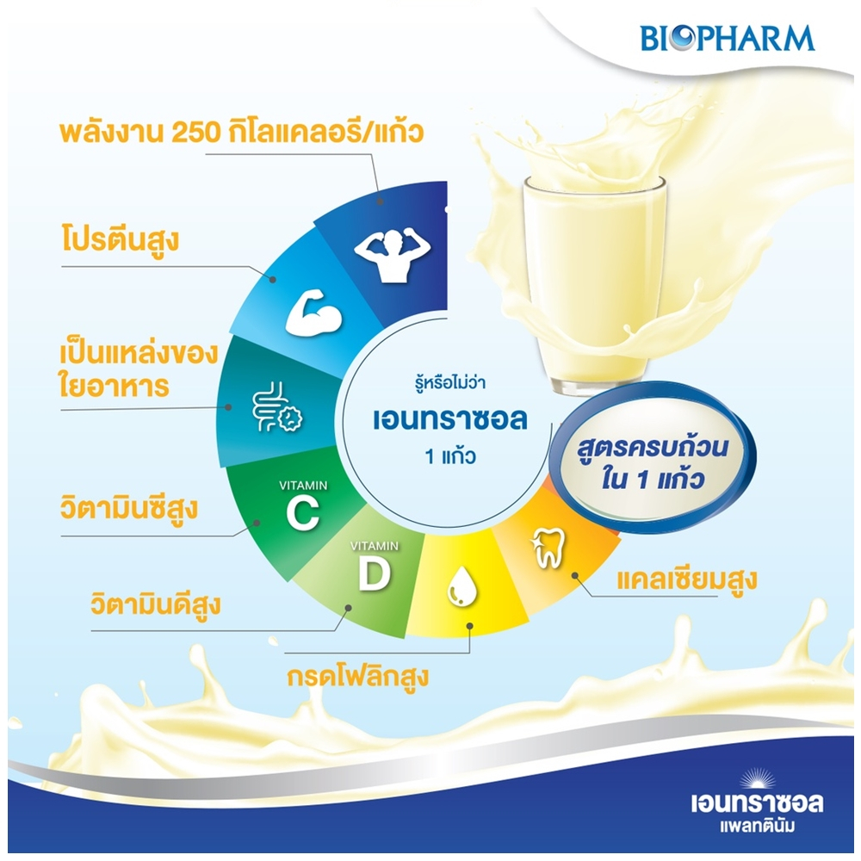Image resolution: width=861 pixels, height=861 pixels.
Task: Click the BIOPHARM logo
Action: point(728,38)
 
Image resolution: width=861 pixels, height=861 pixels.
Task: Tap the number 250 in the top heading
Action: point(195,133)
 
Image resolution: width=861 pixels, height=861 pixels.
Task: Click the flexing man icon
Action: point(393,256)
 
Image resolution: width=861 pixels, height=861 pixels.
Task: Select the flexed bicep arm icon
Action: point(313,314)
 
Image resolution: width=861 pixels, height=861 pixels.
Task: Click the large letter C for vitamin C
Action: point(302,514)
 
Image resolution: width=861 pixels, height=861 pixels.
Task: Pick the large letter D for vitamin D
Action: point(375,573)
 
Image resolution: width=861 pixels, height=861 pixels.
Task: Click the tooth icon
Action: point(548,548)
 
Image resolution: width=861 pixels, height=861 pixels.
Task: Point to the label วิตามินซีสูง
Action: point(129,507)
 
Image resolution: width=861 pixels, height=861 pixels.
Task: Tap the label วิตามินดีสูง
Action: point(156,604)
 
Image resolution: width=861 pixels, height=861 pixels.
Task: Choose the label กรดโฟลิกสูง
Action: point(358,676)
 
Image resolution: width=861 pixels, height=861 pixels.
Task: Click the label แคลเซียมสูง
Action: point(687,579)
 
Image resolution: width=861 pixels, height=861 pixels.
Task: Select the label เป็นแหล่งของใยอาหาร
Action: point(139,370)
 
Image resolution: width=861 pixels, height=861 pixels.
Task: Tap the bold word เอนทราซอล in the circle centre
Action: point(450,420)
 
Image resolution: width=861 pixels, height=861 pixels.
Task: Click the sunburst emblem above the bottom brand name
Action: point(757,779)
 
